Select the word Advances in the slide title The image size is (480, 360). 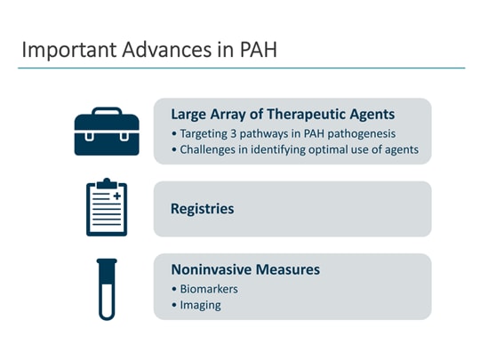point(142,50)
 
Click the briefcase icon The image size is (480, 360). point(107,132)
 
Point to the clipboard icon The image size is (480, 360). point(107,207)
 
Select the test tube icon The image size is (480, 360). point(107,288)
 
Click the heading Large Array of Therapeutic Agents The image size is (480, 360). point(282,114)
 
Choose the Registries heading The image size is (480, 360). point(202,209)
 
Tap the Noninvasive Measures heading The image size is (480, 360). point(244,269)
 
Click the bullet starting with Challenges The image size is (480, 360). point(293,148)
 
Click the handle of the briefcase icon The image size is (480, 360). point(107,112)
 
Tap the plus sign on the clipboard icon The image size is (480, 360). point(116,195)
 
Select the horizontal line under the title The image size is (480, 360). point(240,68)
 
